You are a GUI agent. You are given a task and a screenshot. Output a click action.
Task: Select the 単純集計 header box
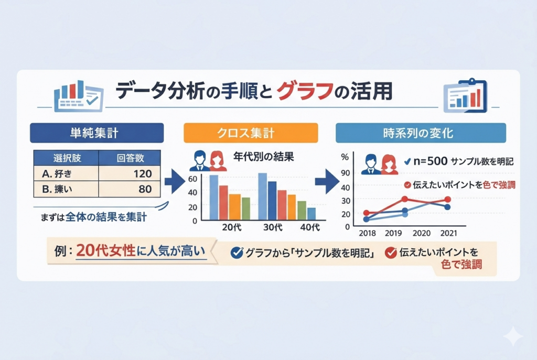(98, 133)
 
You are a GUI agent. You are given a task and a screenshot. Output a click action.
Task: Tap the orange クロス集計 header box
(250, 133)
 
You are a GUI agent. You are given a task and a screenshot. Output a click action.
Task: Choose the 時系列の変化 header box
(421, 133)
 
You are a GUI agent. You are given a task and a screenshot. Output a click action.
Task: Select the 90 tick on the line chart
(345, 174)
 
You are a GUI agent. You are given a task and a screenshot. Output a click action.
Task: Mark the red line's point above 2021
(447, 200)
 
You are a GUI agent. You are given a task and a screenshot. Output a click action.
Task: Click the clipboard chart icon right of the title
(465, 95)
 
